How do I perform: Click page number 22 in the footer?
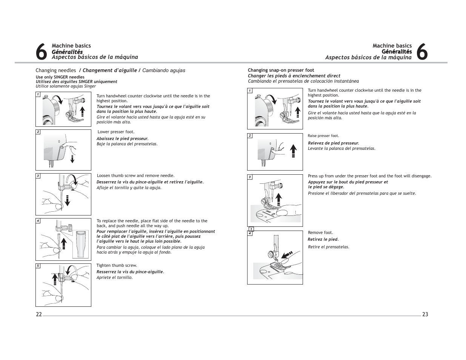pos(39,315)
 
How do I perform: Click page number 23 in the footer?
pos(425,314)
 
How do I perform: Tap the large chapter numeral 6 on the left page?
pos(42,52)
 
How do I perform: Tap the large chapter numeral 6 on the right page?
pos(423,52)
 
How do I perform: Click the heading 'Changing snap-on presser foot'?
pos(281,70)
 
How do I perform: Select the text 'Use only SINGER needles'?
pos(60,77)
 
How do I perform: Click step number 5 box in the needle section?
pos(38,266)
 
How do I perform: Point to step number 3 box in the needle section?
pos(38,176)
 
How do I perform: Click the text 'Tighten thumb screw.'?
pos(117,265)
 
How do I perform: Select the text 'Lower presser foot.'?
pos(116,132)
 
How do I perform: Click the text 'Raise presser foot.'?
pos(323,136)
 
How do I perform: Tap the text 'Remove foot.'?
pos(320,232)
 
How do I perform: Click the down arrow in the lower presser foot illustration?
pos(72,158)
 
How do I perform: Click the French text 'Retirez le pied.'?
pos(323,239)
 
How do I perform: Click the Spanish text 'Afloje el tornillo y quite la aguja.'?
pos(129,188)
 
